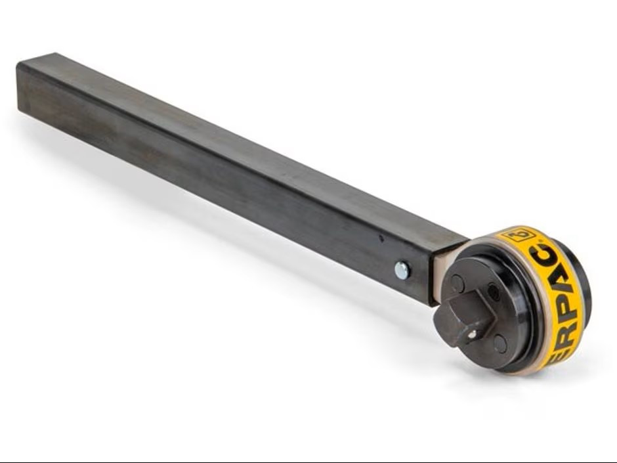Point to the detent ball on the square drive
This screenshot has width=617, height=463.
click(472, 334)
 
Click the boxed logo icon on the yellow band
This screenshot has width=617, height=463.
click(519, 234)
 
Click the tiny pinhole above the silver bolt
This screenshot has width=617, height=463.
click(381, 238)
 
